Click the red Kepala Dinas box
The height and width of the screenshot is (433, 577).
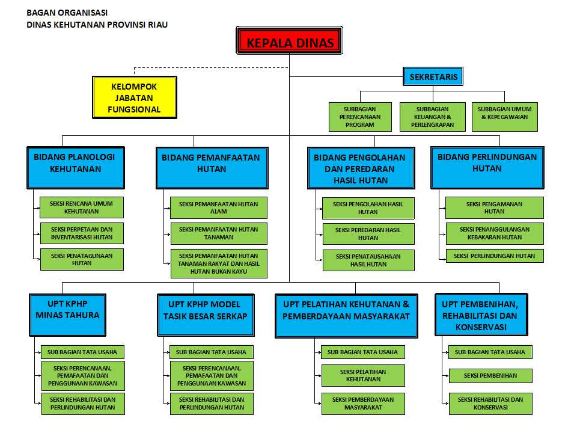point(289,40)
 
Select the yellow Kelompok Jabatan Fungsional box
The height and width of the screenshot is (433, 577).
point(134,97)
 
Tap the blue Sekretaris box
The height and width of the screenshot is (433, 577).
point(433,76)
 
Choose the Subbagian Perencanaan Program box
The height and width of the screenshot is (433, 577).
point(360,117)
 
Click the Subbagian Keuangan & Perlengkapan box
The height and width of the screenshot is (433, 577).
point(432,117)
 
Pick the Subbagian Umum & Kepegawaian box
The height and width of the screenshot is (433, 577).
point(504,117)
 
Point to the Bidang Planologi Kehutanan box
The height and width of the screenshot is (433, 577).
point(76,168)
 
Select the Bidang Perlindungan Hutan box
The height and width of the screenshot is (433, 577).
point(487,168)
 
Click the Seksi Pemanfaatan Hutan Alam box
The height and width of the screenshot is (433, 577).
point(219,207)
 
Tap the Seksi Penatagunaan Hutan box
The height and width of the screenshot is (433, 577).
point(82,260)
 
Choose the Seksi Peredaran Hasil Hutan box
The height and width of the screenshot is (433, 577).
point(368,234)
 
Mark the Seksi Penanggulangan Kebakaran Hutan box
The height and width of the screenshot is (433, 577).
point(495,233)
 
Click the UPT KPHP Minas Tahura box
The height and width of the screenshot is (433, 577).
point(67,315)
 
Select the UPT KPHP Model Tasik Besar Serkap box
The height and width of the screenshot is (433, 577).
point(206,315)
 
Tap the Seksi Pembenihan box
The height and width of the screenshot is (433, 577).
point(490,375)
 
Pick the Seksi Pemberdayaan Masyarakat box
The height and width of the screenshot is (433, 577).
point(363,404)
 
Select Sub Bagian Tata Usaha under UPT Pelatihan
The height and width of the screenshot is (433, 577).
point(363,352)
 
